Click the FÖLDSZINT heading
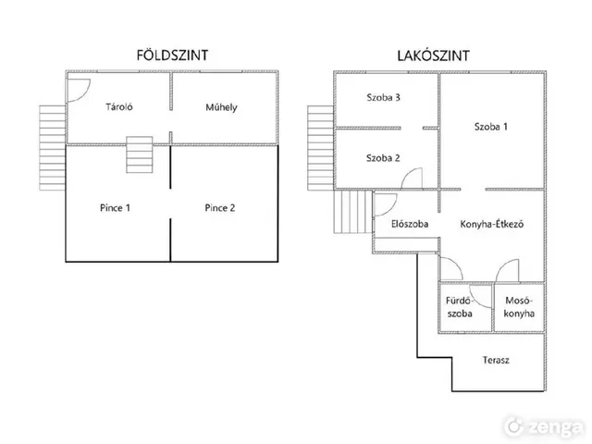point(172,55)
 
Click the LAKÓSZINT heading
point(433,55)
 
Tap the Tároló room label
point(119,107)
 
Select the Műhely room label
point(221,107)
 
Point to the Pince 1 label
point(115,207)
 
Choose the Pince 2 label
point(220,207)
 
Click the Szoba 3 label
point(383,97)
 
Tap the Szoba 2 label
point(383,158)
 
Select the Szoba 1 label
point(491,127)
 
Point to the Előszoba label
point(410,224)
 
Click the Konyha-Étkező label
point(491,224)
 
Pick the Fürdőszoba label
point(460,307)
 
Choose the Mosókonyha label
point(519,307)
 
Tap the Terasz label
point(496,360)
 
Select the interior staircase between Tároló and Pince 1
point(140,154)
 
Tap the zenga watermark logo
point(544,427)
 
